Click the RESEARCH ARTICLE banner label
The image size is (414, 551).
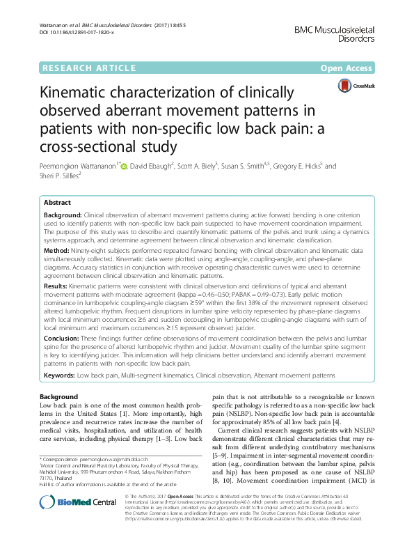point(88,68)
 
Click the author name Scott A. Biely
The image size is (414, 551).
point(215,166)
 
